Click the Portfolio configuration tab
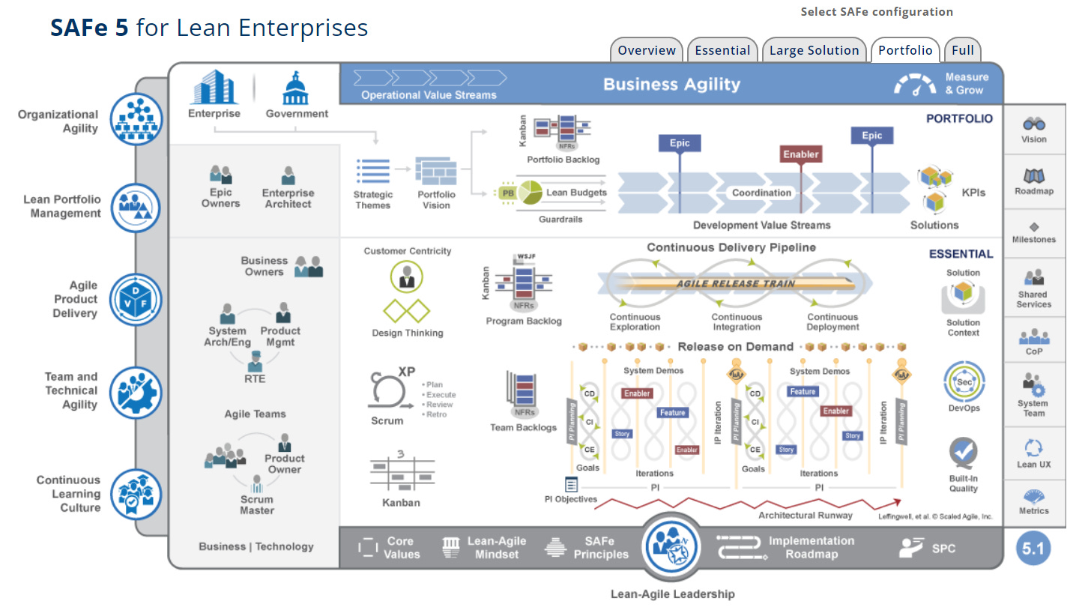pos(905,50)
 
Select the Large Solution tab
pos(814,50)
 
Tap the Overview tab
pos(647,50)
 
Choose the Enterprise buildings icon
pos(214,88)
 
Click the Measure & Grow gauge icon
pos(914,85)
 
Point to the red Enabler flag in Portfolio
pos(801,154)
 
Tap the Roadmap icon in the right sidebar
pos(1034,177)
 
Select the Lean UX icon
pos(1034,448)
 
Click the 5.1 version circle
pos(1033,549)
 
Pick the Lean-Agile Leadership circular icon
pos(672,549)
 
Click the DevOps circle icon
pos(963,381)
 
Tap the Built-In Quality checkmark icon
pos(963,453)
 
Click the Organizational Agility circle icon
pos(136,119)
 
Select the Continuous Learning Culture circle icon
pos(136,493)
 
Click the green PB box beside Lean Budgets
pos(508,193)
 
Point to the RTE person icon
pos(255,360)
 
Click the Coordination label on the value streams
pos(761,193)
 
